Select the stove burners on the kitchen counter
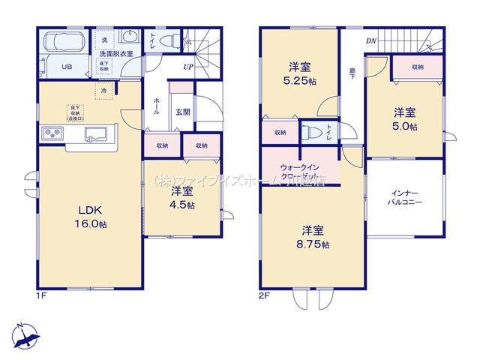click(x=52, y=134)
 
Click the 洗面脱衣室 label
click(x=116, y=53)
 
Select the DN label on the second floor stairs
click(x=370, y=41)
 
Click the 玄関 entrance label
click(x=182, y=112)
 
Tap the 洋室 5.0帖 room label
click(x=406, y=120)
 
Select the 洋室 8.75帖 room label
click(x=314, y=236)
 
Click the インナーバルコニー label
click(x=405, y=198)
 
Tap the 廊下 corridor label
click(x=352, y=74)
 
